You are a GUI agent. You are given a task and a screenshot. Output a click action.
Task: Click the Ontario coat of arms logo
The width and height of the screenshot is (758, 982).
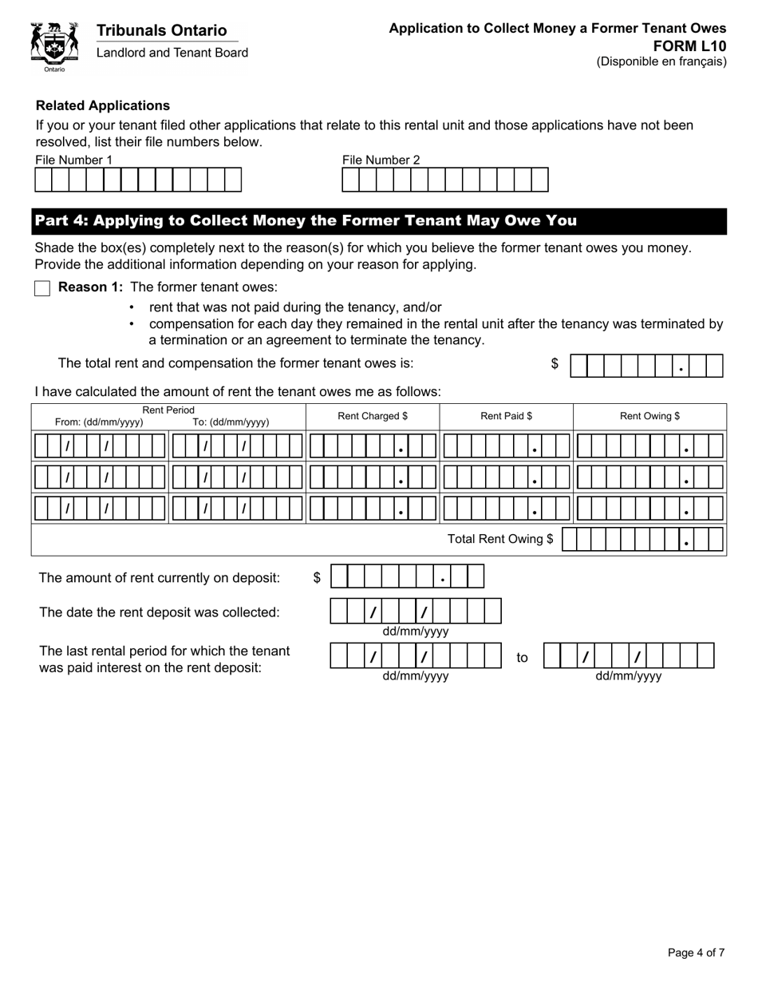[54, 46]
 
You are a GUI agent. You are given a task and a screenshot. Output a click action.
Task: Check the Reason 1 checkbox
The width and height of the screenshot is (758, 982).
[42, 288]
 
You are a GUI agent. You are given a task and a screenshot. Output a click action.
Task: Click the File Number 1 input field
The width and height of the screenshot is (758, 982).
[138, 180]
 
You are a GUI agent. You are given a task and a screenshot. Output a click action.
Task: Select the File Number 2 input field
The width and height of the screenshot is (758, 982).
[445, 180]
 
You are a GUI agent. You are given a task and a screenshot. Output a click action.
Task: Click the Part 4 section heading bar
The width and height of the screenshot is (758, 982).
[379, 221]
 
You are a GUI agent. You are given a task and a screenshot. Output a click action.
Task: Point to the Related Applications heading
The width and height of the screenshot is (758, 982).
[103, 105]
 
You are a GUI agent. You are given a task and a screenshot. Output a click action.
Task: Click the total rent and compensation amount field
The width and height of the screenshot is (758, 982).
[646, 366]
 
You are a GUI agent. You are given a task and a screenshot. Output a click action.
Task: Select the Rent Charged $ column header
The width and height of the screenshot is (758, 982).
[373, 416]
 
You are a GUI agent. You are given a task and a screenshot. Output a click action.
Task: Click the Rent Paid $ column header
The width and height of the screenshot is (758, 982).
[506, 416]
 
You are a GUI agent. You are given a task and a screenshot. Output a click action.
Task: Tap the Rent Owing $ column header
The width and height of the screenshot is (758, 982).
[649, 416]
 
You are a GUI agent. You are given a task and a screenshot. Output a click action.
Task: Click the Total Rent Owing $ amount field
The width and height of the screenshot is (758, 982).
[643, 540]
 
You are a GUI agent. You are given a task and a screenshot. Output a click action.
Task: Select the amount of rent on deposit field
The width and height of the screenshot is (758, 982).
[407, 576]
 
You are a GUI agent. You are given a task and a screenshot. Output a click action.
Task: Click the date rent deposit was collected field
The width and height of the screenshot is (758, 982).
[416, 612]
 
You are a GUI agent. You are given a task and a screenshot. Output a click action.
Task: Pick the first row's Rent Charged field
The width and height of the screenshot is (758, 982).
[373, 445]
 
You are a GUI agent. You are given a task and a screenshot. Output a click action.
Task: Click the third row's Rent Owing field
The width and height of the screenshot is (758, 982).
[649, 508]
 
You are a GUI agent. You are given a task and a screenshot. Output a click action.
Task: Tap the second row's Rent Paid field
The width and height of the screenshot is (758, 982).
[506, 477]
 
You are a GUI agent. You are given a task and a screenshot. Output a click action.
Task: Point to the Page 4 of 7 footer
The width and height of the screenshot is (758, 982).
[696, 952]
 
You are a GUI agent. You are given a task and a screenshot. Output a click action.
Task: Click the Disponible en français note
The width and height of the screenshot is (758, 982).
[661, 61]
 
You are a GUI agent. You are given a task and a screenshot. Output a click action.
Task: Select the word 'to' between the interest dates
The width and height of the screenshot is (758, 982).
[522, 658]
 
